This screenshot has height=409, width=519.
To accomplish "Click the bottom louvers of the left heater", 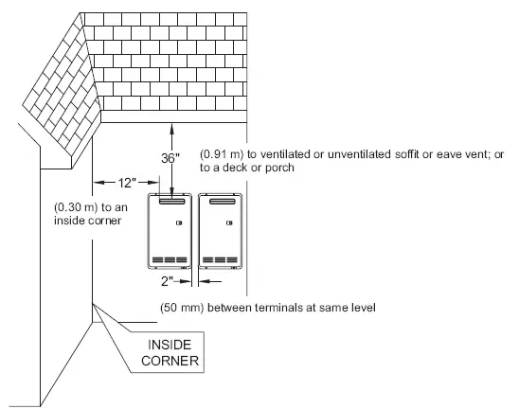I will pos(170,259).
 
